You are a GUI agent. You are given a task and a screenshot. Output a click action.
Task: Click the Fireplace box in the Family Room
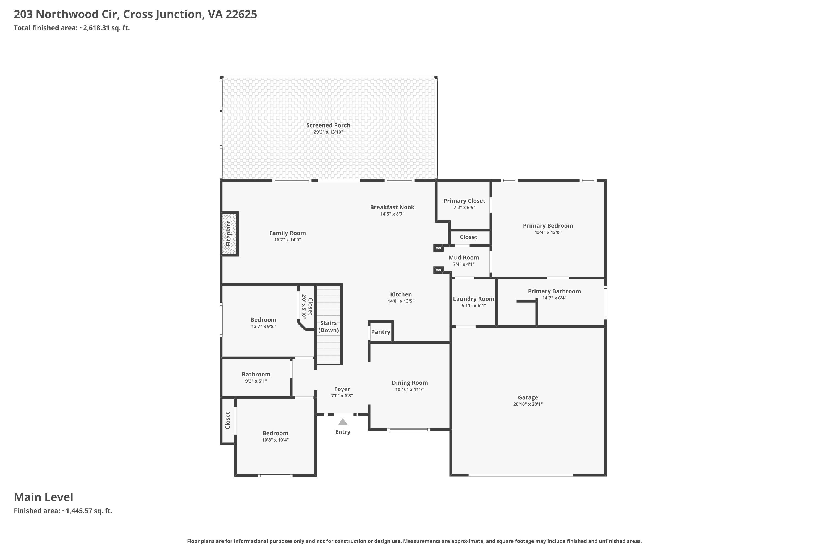230,234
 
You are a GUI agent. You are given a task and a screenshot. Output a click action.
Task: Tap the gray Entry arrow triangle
343,422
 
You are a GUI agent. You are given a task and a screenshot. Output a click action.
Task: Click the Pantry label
381,332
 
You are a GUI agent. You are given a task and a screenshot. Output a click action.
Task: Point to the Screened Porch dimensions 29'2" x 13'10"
328,132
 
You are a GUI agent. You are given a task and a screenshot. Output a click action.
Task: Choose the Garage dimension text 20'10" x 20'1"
528,404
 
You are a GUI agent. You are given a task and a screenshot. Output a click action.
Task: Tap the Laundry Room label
474,299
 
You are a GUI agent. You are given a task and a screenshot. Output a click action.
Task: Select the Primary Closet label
464,201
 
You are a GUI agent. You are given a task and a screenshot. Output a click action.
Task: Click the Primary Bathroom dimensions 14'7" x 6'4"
554,298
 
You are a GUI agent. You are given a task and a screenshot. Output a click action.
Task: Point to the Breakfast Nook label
392,207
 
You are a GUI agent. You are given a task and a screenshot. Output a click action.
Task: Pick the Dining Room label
410,383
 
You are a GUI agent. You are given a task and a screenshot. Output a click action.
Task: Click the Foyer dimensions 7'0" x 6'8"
342,396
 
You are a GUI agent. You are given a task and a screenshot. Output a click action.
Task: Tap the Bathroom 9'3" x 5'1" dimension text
256,381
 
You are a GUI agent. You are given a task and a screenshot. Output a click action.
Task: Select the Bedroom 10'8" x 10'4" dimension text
275,440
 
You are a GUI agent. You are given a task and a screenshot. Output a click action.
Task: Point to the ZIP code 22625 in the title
242,14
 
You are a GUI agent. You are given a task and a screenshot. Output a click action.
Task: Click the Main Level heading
44,497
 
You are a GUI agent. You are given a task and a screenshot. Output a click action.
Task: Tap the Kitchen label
401,295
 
